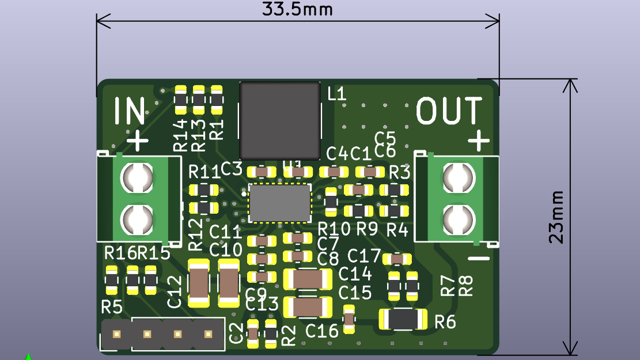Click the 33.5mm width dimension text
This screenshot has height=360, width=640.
click(x=297, y=10)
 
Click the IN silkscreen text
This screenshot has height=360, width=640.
click(x=129, y=111)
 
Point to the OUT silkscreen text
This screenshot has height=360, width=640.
click(x=449, y=111)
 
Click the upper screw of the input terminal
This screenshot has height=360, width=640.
click(x=137, y=177)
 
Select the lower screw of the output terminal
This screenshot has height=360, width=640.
click(x=459, y=218)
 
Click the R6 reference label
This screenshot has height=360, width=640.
click(x=445, y=322)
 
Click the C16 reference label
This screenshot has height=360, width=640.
click(x=322, y=331)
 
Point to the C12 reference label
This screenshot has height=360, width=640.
click(x=175, y=291)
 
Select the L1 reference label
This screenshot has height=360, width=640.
click(x=337, y=94)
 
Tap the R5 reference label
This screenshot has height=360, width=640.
click(x=112, y=307)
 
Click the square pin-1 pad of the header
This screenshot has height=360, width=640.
click(x=116, y=334)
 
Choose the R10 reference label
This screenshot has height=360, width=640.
click(x=334, y=229)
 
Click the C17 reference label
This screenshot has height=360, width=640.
click(x=364, y=255)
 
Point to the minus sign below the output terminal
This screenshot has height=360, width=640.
click(x=478, y=257)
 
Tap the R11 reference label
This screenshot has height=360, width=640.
click(x=205, y=171)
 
